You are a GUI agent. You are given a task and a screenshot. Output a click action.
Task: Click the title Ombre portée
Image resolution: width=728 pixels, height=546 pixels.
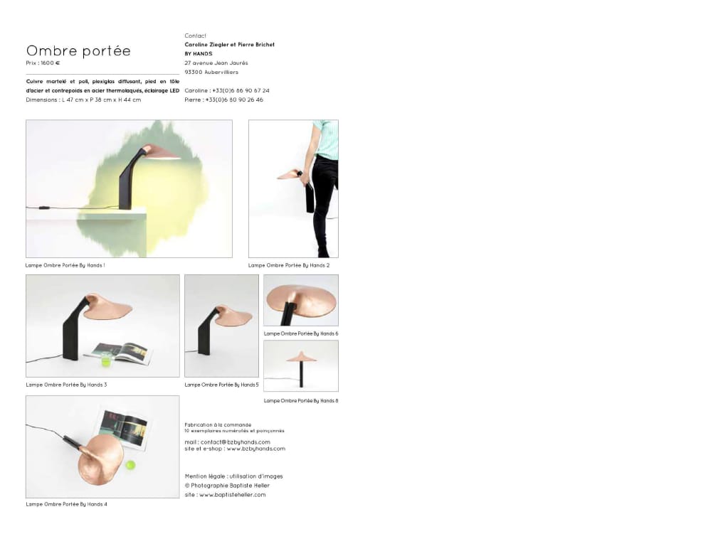pyautogui.click(x=78, y=50)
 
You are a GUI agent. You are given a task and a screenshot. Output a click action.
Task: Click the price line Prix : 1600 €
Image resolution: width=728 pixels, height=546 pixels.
pyautogui.click(x=43, y=63)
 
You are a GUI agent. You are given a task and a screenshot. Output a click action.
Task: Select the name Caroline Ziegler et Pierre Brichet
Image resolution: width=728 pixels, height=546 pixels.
pyautogui.click(x=229, y=45)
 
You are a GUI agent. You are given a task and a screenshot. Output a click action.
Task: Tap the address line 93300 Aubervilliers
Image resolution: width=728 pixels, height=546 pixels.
pyautogui.click(x=211, y=72)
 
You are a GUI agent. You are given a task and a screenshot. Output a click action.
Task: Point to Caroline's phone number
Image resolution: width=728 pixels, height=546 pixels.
pyautogui.click(x=241, y=90)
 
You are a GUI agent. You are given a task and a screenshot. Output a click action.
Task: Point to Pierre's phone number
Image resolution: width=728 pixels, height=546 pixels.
pyautogui.click(x=234, y=100)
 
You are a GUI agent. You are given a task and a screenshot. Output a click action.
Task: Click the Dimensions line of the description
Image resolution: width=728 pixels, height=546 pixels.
pyautogui.click(x=83, y=100)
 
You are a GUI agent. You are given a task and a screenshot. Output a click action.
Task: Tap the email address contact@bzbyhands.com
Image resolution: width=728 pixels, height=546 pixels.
pyautogui.click(x=236, y=442)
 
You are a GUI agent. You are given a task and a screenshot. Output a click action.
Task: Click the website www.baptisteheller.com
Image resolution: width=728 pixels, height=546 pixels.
pyautogui.click(x=233, y=495)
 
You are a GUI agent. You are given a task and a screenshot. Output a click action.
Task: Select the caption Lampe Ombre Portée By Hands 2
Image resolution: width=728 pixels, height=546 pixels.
pyautogui.click(x=289, y=265)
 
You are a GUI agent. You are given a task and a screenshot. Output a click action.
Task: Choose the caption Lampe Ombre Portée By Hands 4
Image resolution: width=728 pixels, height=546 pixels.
pyautogui.click(x=66, y=504)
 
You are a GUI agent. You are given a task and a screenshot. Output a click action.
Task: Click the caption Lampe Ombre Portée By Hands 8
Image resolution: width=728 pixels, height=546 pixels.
pyautogui.click(x=301, y=401)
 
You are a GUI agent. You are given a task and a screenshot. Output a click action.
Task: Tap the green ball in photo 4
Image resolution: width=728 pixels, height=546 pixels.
pyautogui.click(x=130, y=464)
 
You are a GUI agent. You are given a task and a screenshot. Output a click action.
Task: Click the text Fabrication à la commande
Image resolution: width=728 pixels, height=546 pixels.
pyautogui.click(x=218, y=425)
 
